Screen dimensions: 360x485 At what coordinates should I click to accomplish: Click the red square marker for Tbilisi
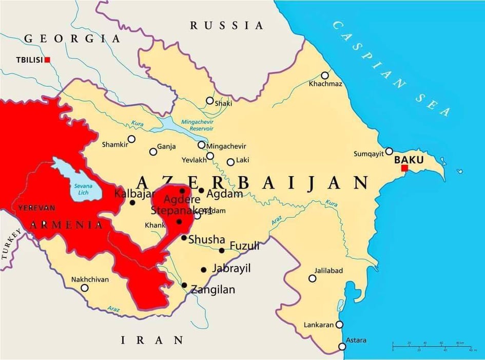tap(47, 60)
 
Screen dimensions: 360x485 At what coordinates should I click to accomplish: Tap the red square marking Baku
tap(404, 168)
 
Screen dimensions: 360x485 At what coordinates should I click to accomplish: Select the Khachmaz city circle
tap(325, 75)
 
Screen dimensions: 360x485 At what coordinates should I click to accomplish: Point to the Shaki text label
tap(223, 103)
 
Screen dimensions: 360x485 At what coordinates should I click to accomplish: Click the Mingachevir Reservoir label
tap(197, 125)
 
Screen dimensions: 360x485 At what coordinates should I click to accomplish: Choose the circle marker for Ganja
tap(153, 151)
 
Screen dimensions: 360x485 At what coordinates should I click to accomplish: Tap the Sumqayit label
tap(368, 154)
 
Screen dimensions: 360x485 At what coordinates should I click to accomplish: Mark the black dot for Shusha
tap(184, 237)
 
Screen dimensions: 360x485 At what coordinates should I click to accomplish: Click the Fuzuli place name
tap(244, 247)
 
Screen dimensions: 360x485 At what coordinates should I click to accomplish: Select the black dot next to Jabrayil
tap(204, 270)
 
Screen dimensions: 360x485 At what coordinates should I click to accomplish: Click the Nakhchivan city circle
tap(85, 288)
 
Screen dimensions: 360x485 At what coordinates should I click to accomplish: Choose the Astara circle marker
tap(342, 346)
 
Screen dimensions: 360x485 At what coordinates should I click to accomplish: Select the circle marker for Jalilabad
tap(313, 278)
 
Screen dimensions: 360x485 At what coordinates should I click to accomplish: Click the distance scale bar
tap(432, 346)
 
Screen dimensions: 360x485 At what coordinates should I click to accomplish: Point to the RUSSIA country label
tap(226, 26)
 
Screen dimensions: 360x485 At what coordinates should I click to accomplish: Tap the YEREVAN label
tap(36, 208)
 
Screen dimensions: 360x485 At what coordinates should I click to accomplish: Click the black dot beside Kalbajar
tap(132, 203)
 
